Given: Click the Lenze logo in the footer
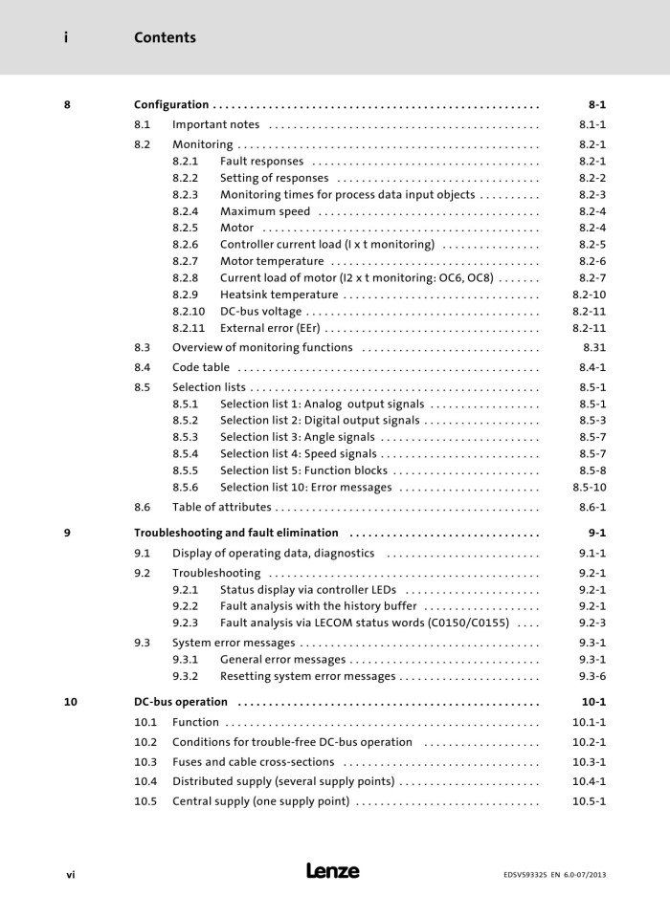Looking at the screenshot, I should pos(333,871).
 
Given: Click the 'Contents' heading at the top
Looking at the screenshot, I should pos(165,37).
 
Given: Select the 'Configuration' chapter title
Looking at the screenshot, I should pos(171,104).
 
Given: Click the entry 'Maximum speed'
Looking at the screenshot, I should pos(265,211).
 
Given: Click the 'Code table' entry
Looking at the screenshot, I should pos(201,367).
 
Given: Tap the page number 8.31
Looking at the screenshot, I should pos(593,348).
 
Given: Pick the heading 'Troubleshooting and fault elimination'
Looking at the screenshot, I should pos(236,533).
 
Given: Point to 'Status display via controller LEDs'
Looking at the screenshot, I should pos(308,590).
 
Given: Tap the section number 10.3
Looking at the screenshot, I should pos(145,762).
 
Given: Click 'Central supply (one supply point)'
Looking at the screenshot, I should pos(260,801).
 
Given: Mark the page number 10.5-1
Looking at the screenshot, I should pos(589,801).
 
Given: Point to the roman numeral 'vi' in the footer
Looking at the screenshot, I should pos(70,873).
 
